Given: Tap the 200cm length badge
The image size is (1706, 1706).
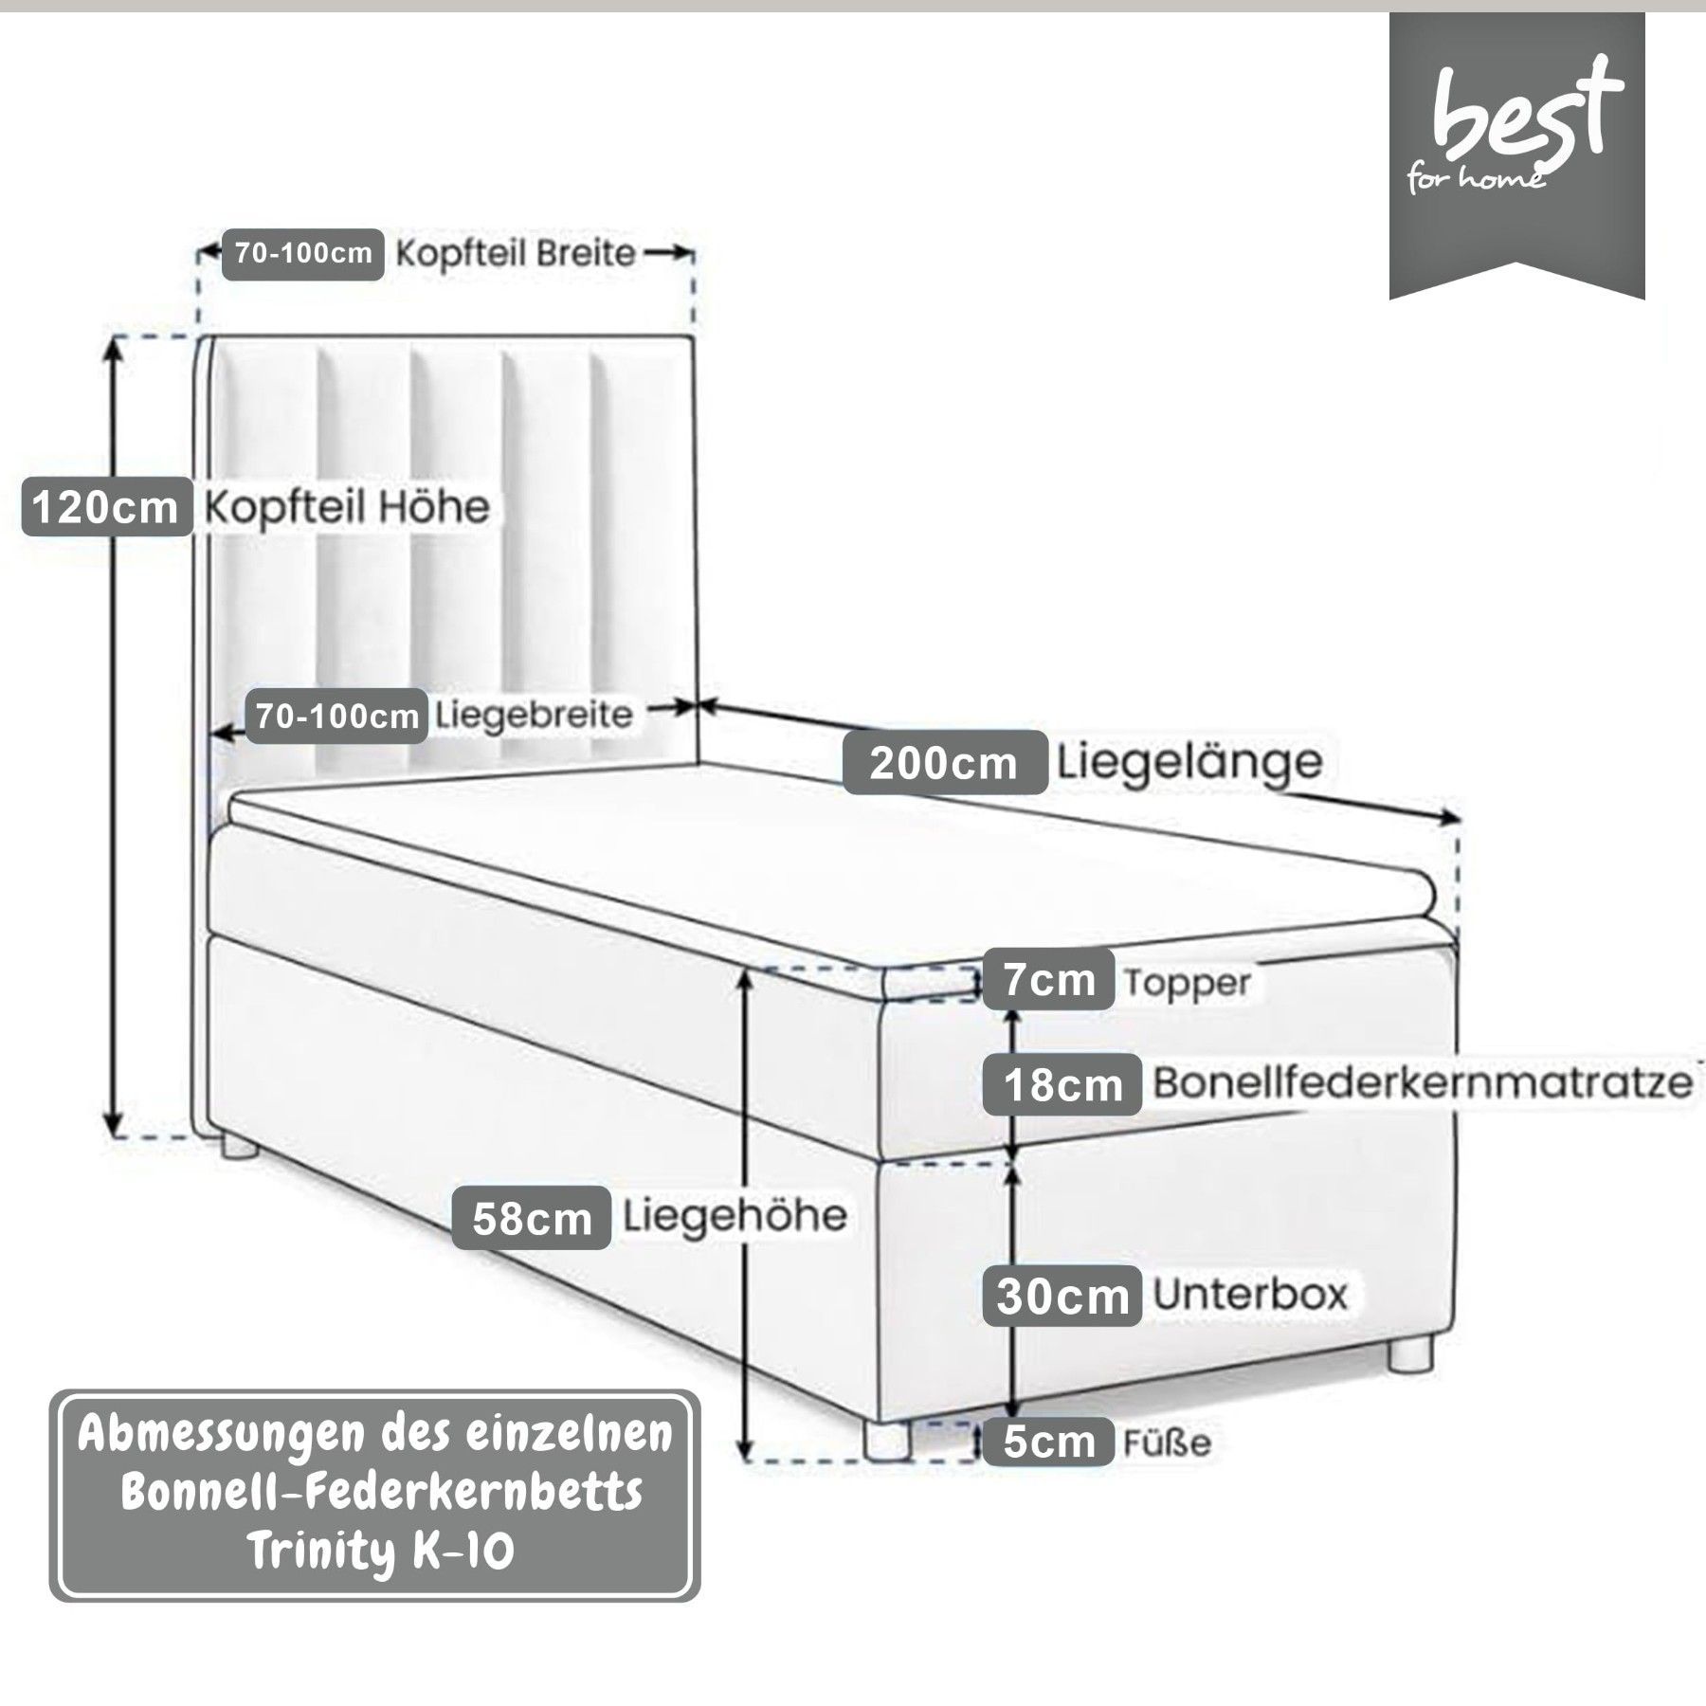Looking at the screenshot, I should pyautogui.click(x=944, y=762).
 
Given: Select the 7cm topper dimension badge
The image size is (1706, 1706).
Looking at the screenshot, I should pyautogui.click(x=1048, y=979).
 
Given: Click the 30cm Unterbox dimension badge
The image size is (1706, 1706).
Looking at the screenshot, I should pyautogui.click(x=1062, y=1296).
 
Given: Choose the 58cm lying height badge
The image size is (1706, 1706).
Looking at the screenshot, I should pyautogui.click(x=531, y=1218).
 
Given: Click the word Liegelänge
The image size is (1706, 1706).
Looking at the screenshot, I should pyautogui.click(x=1189, y=761).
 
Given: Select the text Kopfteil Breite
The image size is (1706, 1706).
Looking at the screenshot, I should pyautogui.click(x=516, y=254).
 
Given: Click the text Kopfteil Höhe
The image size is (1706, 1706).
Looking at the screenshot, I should pyautogui.click(x=347, y=508).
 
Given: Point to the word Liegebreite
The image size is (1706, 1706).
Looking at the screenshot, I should pyautogui.click(x=534, y=715).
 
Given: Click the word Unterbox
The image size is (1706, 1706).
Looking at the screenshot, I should pyautogui.click(x=1250, y=1294).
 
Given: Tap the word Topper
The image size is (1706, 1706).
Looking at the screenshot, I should pyautogui.click(x=1187, y=983).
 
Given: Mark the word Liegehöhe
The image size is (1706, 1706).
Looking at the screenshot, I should pyautogui.click(x=735, y=1216).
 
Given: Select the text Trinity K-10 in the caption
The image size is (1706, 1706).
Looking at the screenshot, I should pyautogui.click(x=380, y=1552).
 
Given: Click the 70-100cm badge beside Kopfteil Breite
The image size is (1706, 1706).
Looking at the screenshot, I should pyautogui.click(x=303, y=254).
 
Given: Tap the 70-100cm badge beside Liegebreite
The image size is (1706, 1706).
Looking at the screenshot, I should pyautogui.click(x=336, y=717).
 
